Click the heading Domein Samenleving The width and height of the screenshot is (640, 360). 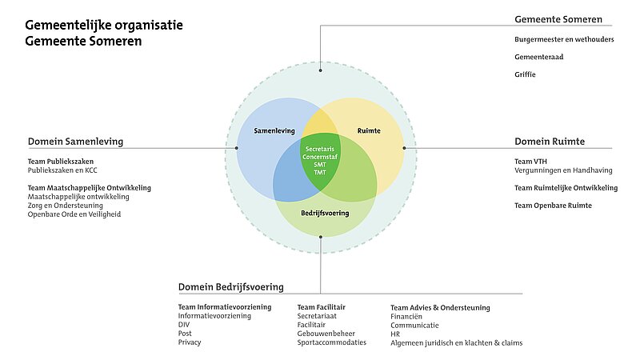coord(75,142)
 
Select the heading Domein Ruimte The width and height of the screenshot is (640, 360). coord(550,142)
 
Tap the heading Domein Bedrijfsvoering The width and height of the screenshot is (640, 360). coord(230,287)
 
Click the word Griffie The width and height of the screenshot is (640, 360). coord(526,74)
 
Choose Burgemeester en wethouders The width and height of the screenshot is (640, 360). coord(564,39)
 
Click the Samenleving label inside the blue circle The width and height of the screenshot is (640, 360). coord(274,130)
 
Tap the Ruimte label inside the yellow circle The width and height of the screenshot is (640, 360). coord(370,130)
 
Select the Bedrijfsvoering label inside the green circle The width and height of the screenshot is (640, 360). coord(324,214)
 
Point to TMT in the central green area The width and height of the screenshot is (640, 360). coord(319,174)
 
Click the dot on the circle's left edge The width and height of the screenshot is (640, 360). coord(237,148)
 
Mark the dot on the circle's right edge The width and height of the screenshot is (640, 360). coord(404,148)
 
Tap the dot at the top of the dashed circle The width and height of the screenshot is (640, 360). coord(320,65)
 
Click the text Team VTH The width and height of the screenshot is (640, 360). coord(530,162)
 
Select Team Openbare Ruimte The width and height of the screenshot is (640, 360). coord(553,206)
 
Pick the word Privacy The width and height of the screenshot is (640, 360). coord(190,342)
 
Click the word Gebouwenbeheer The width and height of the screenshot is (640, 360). coord(326,334)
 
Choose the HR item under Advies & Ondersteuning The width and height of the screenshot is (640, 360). coord(395,334)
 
